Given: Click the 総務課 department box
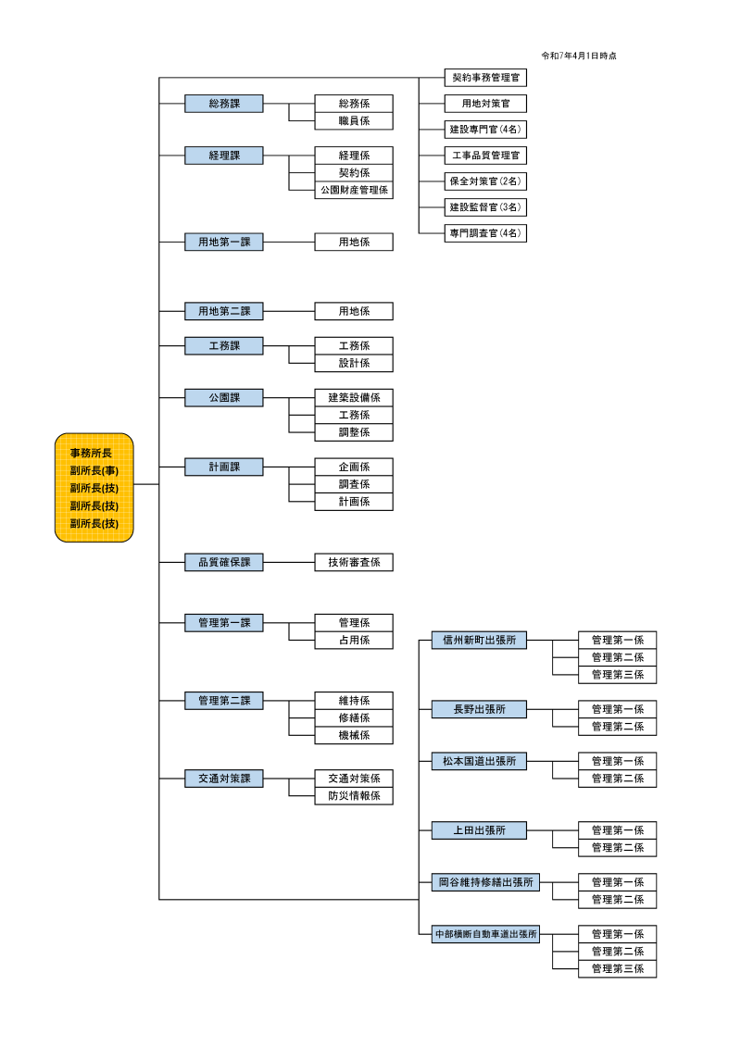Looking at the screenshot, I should click(x=223, y=104).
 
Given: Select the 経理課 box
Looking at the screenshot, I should click(x=223, y=156).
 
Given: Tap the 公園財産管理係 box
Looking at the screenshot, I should click(x=354, y=190).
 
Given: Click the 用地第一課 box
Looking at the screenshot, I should click(x=223, y=242).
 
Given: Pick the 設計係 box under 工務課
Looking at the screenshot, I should click(x=354, y=363).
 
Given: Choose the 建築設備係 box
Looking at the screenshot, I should click(x=354, y=397).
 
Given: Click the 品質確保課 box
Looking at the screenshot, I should click(x=223, y=562).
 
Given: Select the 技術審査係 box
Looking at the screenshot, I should click(x=354, y=562).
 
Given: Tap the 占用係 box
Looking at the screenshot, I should click(x=354, y=640).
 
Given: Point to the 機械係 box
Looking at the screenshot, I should click(x=354, y=735).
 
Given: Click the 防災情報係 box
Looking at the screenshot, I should click(x=354, y=795).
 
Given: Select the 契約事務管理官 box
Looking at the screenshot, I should click(x=486, y=78).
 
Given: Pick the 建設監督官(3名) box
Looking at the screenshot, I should click(x=486, y=207).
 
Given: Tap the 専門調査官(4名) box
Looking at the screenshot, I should click(x=486, y=233).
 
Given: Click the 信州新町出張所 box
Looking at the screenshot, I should click(x=479, y=640).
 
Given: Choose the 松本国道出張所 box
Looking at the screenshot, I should click(x=479, y=761).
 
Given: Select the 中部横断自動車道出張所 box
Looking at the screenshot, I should click(x=486, y=934).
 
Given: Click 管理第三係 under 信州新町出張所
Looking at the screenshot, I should click(x=617, y=675).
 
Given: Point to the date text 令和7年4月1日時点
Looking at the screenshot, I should click(x=579, y=56).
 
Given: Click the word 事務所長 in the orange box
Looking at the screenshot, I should click(x=94, y=454).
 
